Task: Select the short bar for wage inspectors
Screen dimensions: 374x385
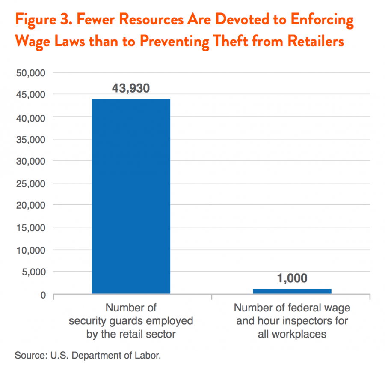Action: [292, 291]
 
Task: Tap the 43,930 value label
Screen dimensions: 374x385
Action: [131, 88]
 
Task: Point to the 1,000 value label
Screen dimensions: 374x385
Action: [292, 278]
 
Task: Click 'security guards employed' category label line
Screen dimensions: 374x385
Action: [131, 321]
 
